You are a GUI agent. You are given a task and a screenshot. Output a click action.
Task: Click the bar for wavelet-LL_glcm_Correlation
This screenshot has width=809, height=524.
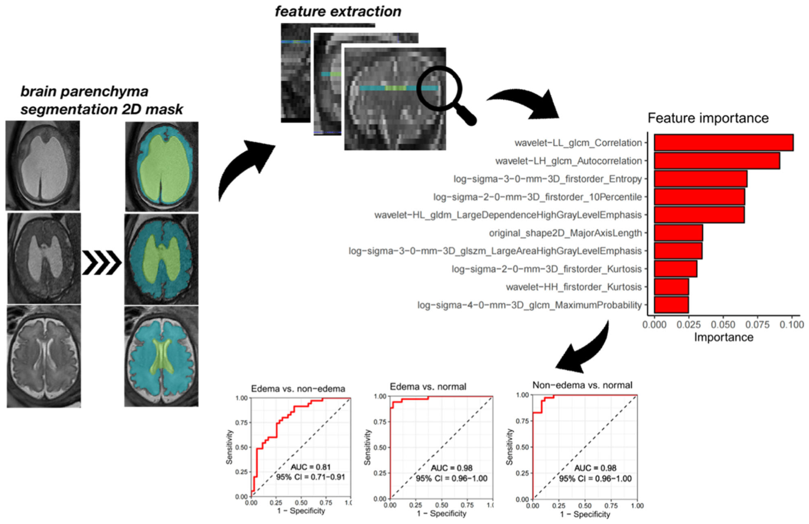click(724, 143)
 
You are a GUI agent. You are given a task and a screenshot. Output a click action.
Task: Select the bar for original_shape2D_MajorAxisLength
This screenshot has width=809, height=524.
click(678, 233)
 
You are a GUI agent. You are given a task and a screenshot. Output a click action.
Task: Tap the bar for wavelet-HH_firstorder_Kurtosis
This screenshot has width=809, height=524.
click(672, 287)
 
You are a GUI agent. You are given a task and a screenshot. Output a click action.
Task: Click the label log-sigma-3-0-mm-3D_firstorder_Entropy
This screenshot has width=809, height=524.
click(548, 179)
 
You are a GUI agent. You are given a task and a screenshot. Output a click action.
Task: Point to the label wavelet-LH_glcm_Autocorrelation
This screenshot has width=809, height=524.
click(568, 161)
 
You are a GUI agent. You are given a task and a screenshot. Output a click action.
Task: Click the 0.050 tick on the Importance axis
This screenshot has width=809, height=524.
click(723, 324)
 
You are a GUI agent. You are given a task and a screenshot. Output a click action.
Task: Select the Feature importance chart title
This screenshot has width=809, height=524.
click(708, 118)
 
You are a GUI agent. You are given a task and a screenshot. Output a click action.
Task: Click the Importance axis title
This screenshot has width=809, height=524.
click(723, 337)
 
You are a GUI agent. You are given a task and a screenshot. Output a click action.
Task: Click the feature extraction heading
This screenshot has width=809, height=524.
click(338, 11)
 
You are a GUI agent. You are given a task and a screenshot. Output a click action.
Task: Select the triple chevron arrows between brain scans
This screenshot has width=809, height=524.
click(102, 263)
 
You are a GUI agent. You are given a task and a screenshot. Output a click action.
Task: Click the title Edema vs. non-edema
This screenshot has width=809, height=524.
click(298, 388)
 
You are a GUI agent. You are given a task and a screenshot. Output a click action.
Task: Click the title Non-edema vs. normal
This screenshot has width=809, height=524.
click(582, 385)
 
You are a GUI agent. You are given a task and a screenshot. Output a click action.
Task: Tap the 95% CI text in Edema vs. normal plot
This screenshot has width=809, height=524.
click(452, 478)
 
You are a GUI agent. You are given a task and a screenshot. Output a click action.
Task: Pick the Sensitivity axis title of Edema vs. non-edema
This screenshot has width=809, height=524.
click(229, 447)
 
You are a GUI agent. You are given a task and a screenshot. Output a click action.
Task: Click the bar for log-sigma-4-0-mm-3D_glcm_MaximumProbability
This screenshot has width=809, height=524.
click(672, 305)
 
